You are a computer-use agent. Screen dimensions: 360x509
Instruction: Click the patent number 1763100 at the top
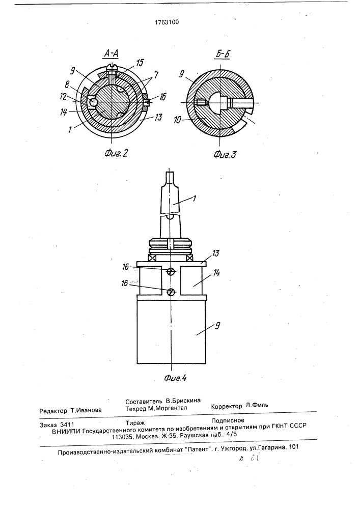[167, 22]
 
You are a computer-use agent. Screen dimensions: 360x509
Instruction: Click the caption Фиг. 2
[116, 153]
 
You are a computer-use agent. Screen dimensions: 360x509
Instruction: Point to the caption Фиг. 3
[225, 154]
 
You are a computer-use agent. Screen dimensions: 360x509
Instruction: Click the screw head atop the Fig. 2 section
[112, 66]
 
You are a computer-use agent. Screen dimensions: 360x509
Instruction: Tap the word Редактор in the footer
[53, 410]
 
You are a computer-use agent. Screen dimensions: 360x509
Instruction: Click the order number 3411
[67, 425]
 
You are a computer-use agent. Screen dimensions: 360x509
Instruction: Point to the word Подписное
[227, 420]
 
